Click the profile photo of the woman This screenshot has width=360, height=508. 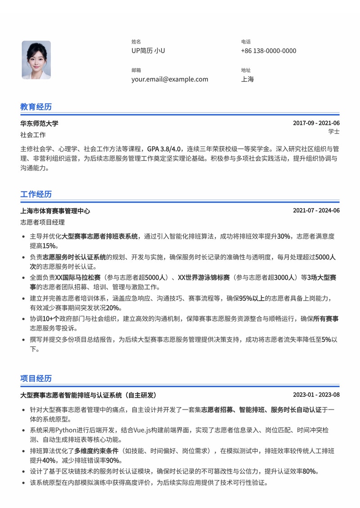[36, 60]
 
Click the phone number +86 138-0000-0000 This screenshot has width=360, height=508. [269, 51]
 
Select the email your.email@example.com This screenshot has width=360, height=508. [170, 79]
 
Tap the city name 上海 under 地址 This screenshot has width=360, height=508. [247, 79]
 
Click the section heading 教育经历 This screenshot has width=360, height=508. [36, 107]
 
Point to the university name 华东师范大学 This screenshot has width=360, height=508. [39, 124]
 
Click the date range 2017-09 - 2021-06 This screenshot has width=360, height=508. [316, 124]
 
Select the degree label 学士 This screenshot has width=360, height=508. [334, 132]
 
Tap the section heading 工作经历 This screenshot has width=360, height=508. [36, 194]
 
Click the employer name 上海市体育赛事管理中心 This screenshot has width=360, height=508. [55, 211]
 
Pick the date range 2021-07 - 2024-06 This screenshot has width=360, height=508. [316, 211]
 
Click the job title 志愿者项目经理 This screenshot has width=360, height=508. [42, 222]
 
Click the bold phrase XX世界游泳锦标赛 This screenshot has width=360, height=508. [204, 278]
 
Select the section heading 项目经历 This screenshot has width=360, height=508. [36, 378]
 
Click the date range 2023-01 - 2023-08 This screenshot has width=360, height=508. [316, 395]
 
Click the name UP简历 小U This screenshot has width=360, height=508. [148, 51]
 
